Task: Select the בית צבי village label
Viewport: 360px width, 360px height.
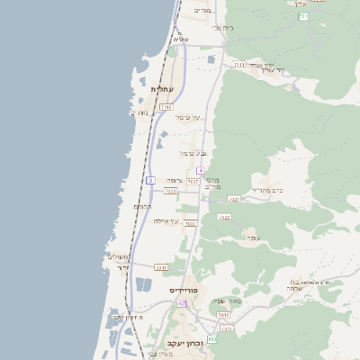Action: (x=222, y=28)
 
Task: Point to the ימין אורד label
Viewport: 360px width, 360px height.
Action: (x=268, y=67)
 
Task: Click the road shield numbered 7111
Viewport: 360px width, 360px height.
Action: (x=239, y=65)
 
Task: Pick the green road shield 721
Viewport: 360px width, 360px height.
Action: (x=303, y=16)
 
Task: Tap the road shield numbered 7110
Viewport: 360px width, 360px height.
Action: (x=166, y=107)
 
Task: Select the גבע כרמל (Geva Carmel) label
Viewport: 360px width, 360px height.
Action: (x=192, y=154)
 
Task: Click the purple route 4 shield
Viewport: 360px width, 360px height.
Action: (x=201, y=170)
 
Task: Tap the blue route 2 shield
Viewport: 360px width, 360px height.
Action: (x=150, y=180)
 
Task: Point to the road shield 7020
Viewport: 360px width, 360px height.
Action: (x=170, y=191)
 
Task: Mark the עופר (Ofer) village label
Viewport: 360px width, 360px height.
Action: (x=254, y=238)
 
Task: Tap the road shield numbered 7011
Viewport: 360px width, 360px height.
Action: (x=161, y=267)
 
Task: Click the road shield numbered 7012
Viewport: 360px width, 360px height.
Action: (x=222, y=315)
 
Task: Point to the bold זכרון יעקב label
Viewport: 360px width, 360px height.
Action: (x=185, y=343)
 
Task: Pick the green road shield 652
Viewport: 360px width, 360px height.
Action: (x=211, y=338)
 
